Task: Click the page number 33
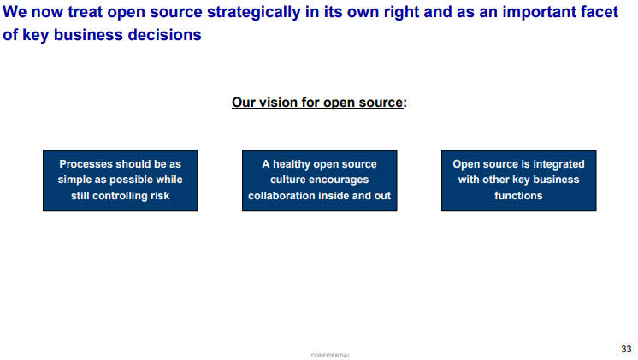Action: (x=626, y=349)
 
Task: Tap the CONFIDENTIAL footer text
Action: (x=330, y=356)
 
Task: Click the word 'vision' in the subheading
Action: (x=278, y=102)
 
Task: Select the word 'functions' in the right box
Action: (x=518, y=196)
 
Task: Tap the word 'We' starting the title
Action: (x=15, y=11)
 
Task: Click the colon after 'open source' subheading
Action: (x=405, y=103)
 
